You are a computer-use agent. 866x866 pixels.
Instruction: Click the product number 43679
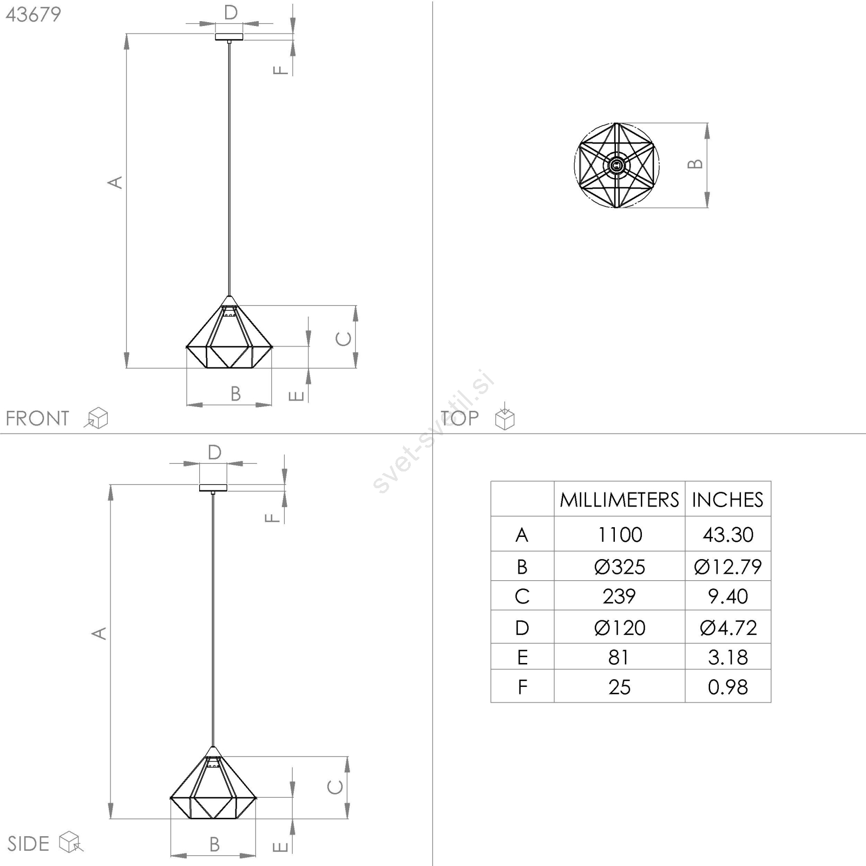(34, 15)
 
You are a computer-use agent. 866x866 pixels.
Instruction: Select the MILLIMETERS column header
(619, 500)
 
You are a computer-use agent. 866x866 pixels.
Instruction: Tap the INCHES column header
(727, 500)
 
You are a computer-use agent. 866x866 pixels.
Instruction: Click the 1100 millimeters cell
(620, 535)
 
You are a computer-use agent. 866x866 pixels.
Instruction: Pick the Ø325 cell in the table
(620, 567)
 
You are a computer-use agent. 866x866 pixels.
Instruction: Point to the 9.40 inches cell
(728, 596)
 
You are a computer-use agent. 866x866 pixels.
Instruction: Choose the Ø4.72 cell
(728, 628)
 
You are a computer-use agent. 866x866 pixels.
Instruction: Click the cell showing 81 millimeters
(619, 657)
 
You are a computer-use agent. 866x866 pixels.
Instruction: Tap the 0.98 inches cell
(728, 687)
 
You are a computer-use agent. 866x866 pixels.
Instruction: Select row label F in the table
(522, 687)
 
